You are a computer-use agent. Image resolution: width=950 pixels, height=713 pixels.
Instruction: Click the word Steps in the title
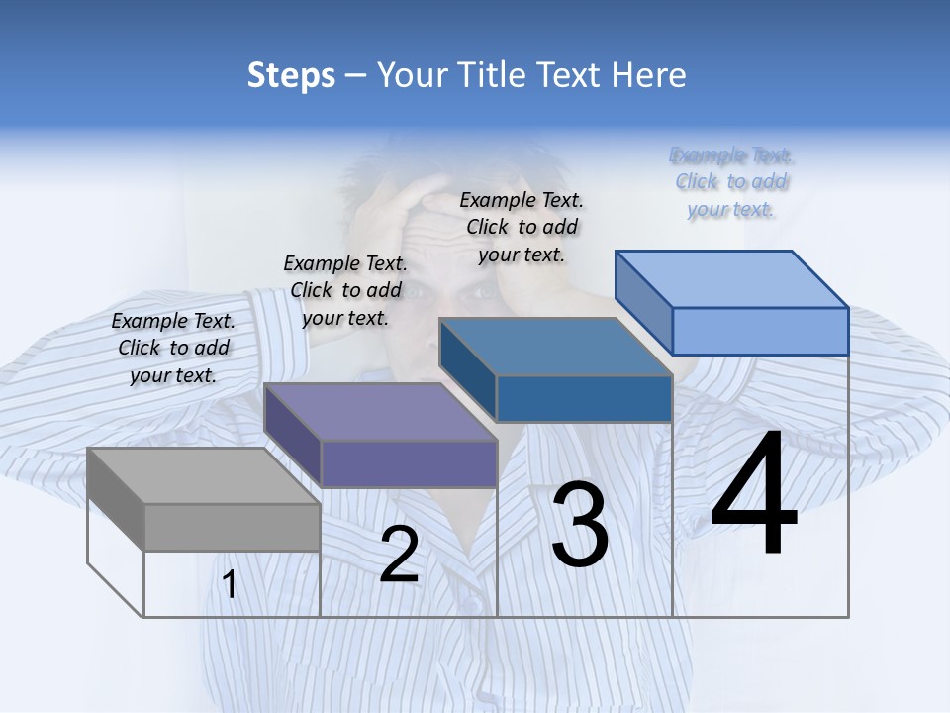tap(291, 75)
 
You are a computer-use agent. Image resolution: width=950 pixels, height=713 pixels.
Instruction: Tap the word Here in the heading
tap(649, 75)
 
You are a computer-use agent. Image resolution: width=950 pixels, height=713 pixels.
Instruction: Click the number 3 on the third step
tap(580, 525)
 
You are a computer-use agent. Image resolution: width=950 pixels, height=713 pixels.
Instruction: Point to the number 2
tap(399, 555)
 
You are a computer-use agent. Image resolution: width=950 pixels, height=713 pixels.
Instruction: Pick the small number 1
tap(230, 585)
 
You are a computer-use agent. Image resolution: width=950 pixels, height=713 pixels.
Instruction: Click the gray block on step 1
tap(203, 500)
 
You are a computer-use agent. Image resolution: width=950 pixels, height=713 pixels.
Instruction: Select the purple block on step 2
tap(381, 436)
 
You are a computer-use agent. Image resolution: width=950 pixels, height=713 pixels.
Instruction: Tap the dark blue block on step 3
tap(556, 371)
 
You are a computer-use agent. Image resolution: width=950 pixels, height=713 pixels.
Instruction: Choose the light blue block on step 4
tap(732, 303)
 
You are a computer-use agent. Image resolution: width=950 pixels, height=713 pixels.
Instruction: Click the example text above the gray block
tap(174, 348)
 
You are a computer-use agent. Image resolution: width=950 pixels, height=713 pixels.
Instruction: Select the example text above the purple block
tap(345, 290)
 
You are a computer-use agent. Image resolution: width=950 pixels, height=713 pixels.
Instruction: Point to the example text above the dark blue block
tap(522, 227)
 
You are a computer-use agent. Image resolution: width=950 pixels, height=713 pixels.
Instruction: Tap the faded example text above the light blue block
tap(731, 181)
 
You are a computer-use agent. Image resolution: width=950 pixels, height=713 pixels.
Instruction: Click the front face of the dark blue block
tap(584, 399)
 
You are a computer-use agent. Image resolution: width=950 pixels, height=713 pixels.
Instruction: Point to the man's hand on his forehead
tap(396, 198)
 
